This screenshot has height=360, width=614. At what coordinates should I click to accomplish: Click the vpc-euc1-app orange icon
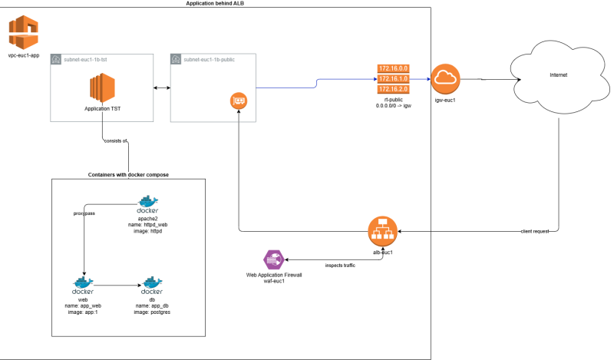coord(23,32)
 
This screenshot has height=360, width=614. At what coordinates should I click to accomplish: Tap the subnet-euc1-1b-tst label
coord(87,59)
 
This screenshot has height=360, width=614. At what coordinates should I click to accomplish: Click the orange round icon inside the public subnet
coord(238,101)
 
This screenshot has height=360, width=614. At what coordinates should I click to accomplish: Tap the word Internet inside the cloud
coord(559,75)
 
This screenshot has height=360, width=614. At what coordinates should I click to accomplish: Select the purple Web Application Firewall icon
coord(272,260)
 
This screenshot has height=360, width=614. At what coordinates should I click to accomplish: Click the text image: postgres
coord(152,312)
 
